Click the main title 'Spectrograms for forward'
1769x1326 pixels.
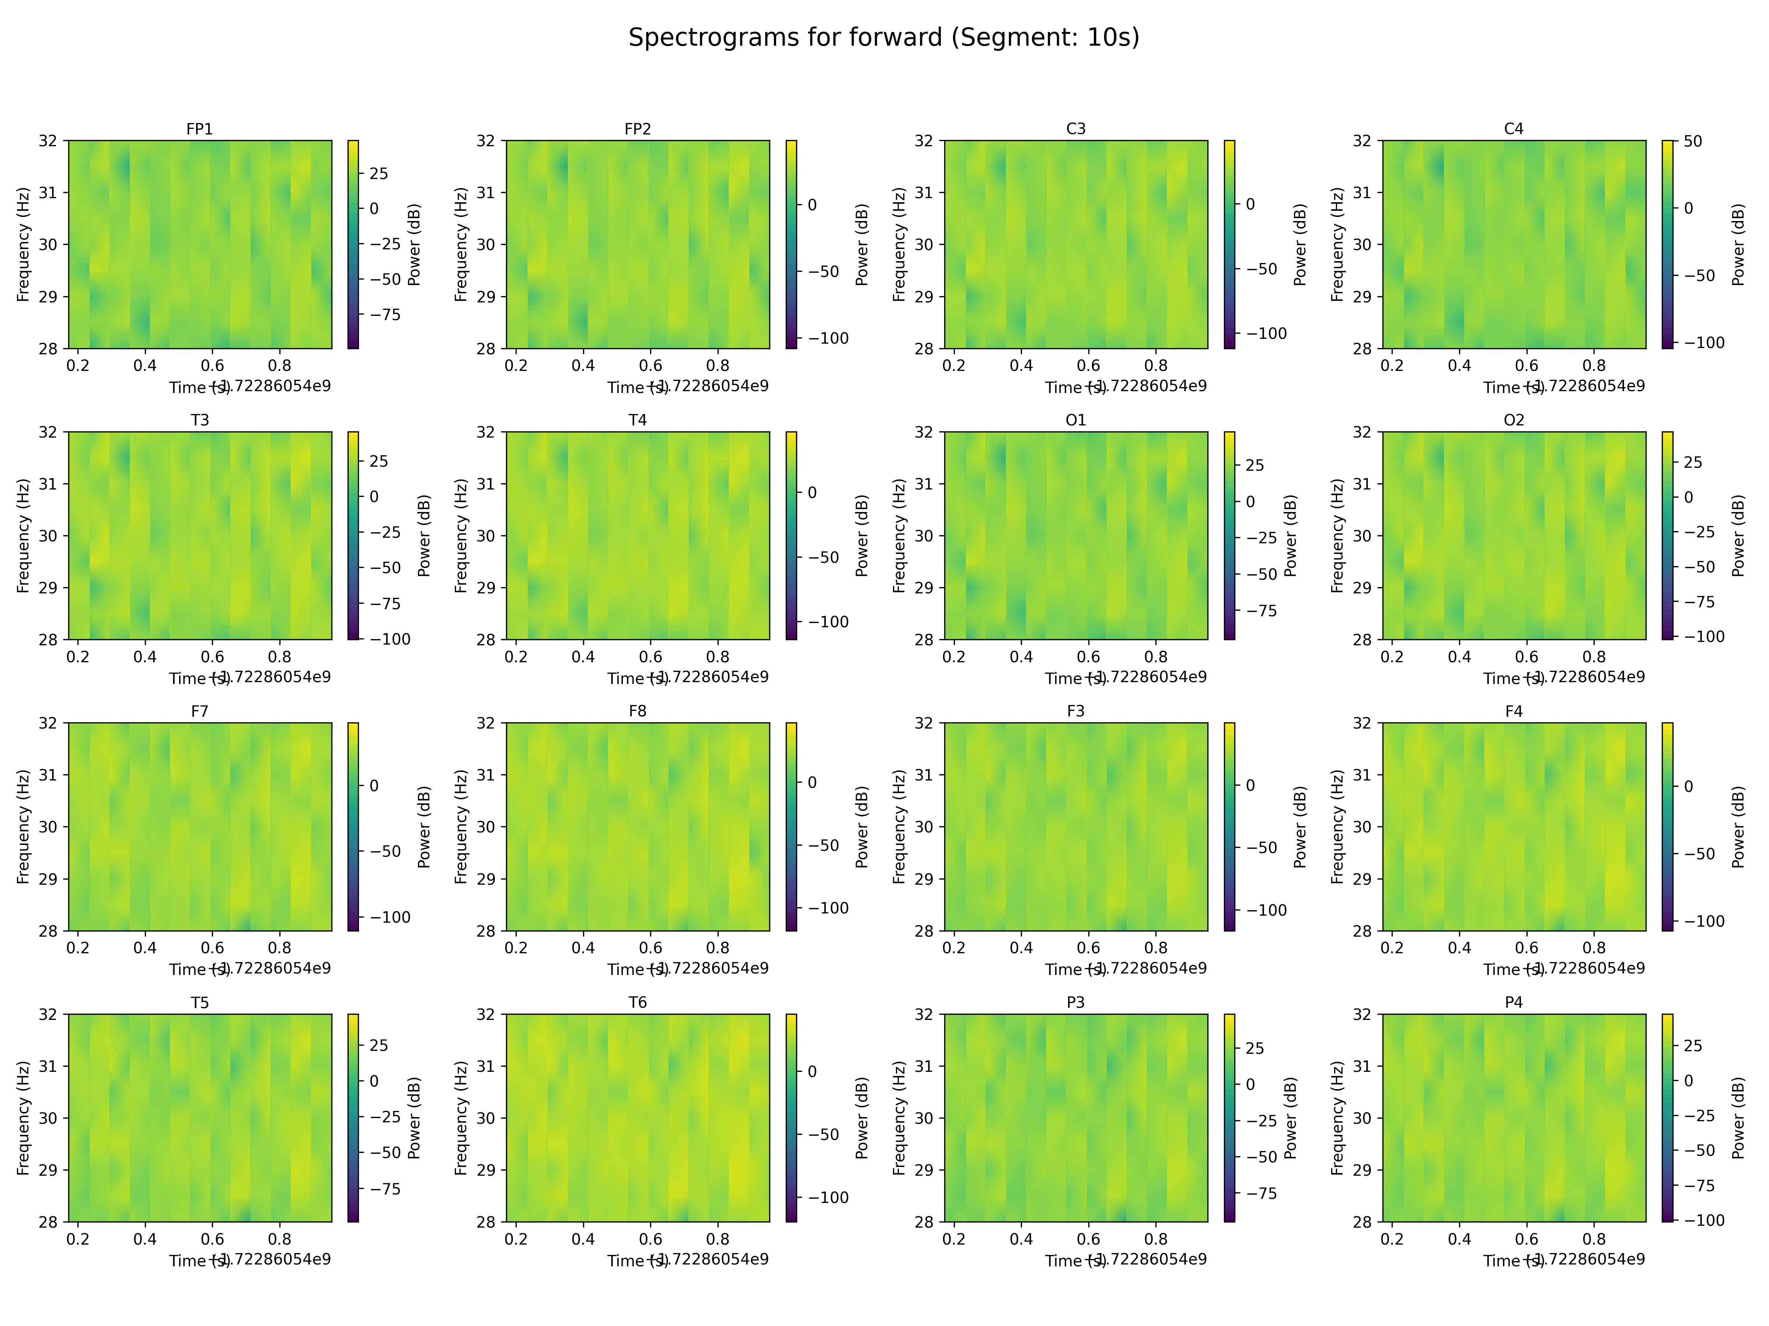coord(884,38)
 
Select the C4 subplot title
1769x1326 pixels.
coord(1514,129)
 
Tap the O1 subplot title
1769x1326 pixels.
coord(1076,420)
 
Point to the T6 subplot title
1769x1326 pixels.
coord(637,1002)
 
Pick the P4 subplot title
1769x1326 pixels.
coord(1514,1002)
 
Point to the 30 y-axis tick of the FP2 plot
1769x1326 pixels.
coord(485,245)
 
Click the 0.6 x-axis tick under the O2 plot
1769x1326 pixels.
coord(1526,657)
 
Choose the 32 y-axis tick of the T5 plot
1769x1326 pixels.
coord(48,1014)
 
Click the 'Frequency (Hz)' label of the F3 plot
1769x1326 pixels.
coord(899,827)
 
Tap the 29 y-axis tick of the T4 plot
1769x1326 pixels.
coord(485,587)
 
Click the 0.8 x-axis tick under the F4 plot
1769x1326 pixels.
coord(1594,948)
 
